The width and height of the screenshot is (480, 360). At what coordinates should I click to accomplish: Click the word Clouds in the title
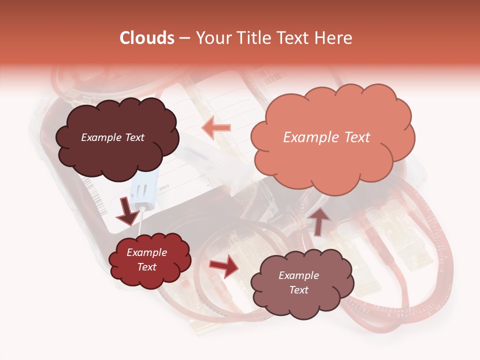click(x=147, y=38)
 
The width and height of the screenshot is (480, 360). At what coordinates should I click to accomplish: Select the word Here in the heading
click(x=334, y=38)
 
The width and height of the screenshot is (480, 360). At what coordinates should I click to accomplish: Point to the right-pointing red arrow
click(x=223, y=266)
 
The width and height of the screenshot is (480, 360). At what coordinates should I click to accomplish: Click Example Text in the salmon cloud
click(x=326, y=137)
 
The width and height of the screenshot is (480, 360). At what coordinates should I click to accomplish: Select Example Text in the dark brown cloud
click(x=112, y=137)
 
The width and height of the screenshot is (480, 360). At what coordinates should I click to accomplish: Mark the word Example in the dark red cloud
click(x=146, y=252)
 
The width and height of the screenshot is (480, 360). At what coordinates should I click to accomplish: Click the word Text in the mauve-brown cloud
click(x=298, y=290)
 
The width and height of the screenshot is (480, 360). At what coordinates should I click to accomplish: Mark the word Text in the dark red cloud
click(x=146, y=267)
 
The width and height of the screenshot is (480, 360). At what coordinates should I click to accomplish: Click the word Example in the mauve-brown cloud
click(x=298, y=275)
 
